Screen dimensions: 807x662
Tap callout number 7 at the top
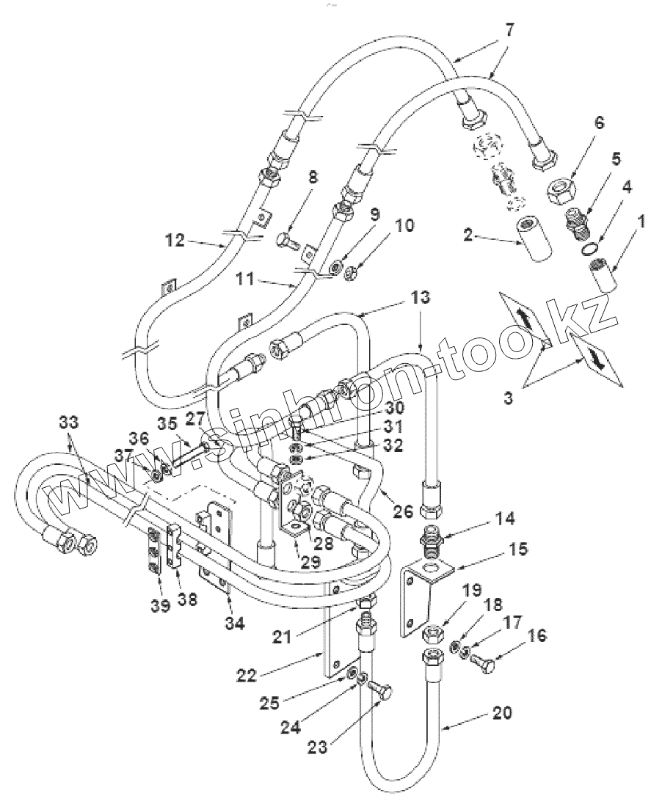(509, 32)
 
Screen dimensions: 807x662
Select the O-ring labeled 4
(587, 251)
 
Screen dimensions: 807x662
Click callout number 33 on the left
(68, 423)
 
